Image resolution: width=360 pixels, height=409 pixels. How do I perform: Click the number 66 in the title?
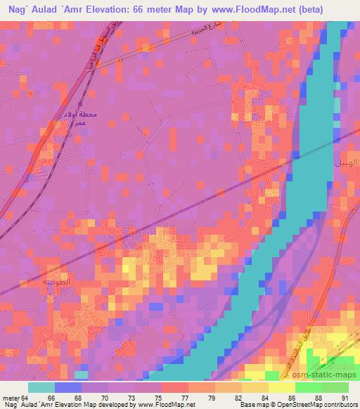point(161,10)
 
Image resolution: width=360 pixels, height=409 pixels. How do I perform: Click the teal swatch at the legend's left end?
point(41,387)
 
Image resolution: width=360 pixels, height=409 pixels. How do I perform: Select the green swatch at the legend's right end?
point(335,387)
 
